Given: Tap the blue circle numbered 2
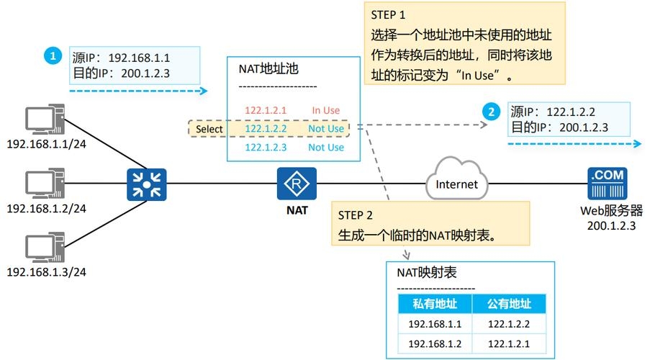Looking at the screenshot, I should click(491, 112).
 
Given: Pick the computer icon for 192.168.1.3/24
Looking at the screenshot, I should click(45, 247).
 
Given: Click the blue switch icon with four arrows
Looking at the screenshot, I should click(146, 184).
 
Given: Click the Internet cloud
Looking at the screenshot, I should click(456, 184).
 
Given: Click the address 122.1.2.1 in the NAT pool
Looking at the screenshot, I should click(266, 110).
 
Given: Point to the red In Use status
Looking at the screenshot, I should click(325, 110).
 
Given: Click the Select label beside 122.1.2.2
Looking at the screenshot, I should click(209, 129).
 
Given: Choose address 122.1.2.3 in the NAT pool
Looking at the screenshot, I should click(266, 147).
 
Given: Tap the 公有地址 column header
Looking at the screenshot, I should click(509, 303).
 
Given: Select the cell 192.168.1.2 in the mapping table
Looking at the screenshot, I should click(435, 343).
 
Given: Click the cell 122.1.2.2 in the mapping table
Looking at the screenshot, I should click(509, 323).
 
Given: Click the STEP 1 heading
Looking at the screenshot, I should click(389, 14).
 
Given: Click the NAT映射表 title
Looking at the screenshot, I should click(426, 274).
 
